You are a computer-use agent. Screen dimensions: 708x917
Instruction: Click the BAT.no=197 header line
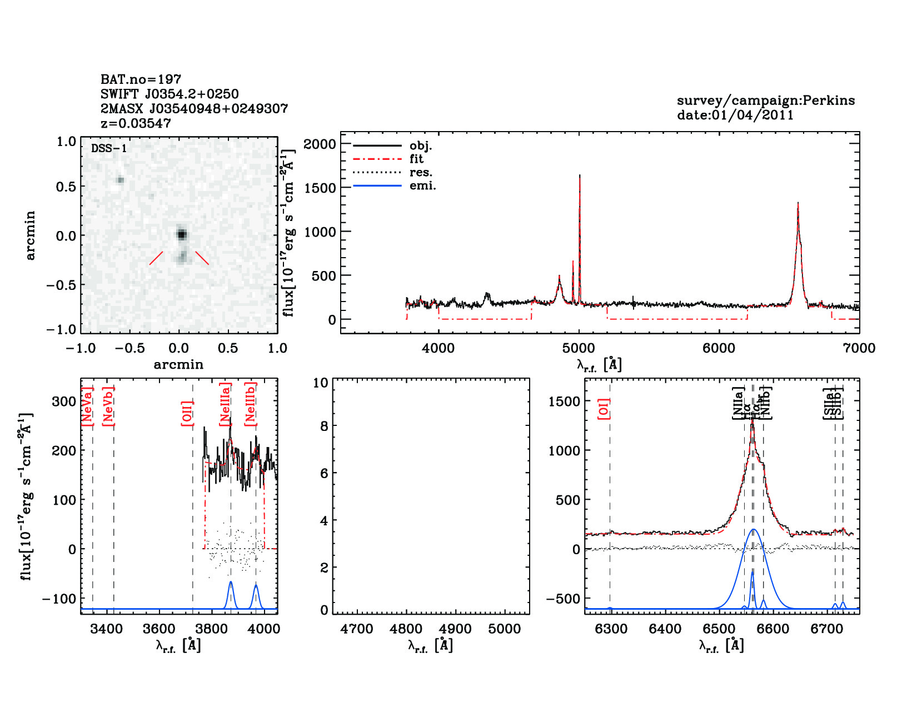pyautogui.click(x=141, y=79)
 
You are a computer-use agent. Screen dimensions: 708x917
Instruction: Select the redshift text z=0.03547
pyautogui.click(x=136, y=123)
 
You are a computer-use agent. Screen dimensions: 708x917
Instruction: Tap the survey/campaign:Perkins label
pyautogui.click(x=765, y=101)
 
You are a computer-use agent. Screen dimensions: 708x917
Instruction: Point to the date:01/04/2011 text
pyautogui.click(x=735, y=115)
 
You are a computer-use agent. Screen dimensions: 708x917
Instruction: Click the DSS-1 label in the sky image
pyautogui.click(x=109, y=148)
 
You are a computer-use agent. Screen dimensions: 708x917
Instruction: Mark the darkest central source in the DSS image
pyautogui.click(x=181, y=234)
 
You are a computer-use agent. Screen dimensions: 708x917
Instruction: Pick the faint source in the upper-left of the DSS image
pyautogui.click(x=121, y=179)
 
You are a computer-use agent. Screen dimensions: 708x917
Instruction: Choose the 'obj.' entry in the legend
pyautogui.click(x=420, y=146)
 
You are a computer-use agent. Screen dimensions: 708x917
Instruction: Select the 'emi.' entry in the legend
pyautogui.click(x=422, y=186)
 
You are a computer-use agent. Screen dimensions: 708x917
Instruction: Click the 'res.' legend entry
pyautogui.click(x=421, y=173)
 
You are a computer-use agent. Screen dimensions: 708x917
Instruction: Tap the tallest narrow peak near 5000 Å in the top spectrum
pyautogui.click(x=580, y=177)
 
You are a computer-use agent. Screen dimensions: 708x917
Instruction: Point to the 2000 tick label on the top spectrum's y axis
pyautogui.click(x=320, y=144)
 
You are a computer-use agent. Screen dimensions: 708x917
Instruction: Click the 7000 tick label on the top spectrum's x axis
pyautogui.click(x=859, y=349)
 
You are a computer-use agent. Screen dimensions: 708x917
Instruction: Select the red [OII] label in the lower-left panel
pyautogui.click(x=187, y=413)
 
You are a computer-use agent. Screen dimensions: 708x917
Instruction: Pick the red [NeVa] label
pyautogui.click(x=87, y=406)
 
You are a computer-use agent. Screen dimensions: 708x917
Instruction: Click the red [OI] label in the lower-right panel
pyautogui.click(x=604, y=409)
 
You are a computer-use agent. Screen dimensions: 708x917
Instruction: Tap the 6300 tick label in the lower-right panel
pyautogui.click(x=611, y=629)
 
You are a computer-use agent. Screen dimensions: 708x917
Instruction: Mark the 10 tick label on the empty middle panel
pyautogui.click(x=321, y=383)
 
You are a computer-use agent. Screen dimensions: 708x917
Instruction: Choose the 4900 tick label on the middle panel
pyautogui.click(x=455, y=629)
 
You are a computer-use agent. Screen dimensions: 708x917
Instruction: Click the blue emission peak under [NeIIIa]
pyautogui.click(x=231, y=583)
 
